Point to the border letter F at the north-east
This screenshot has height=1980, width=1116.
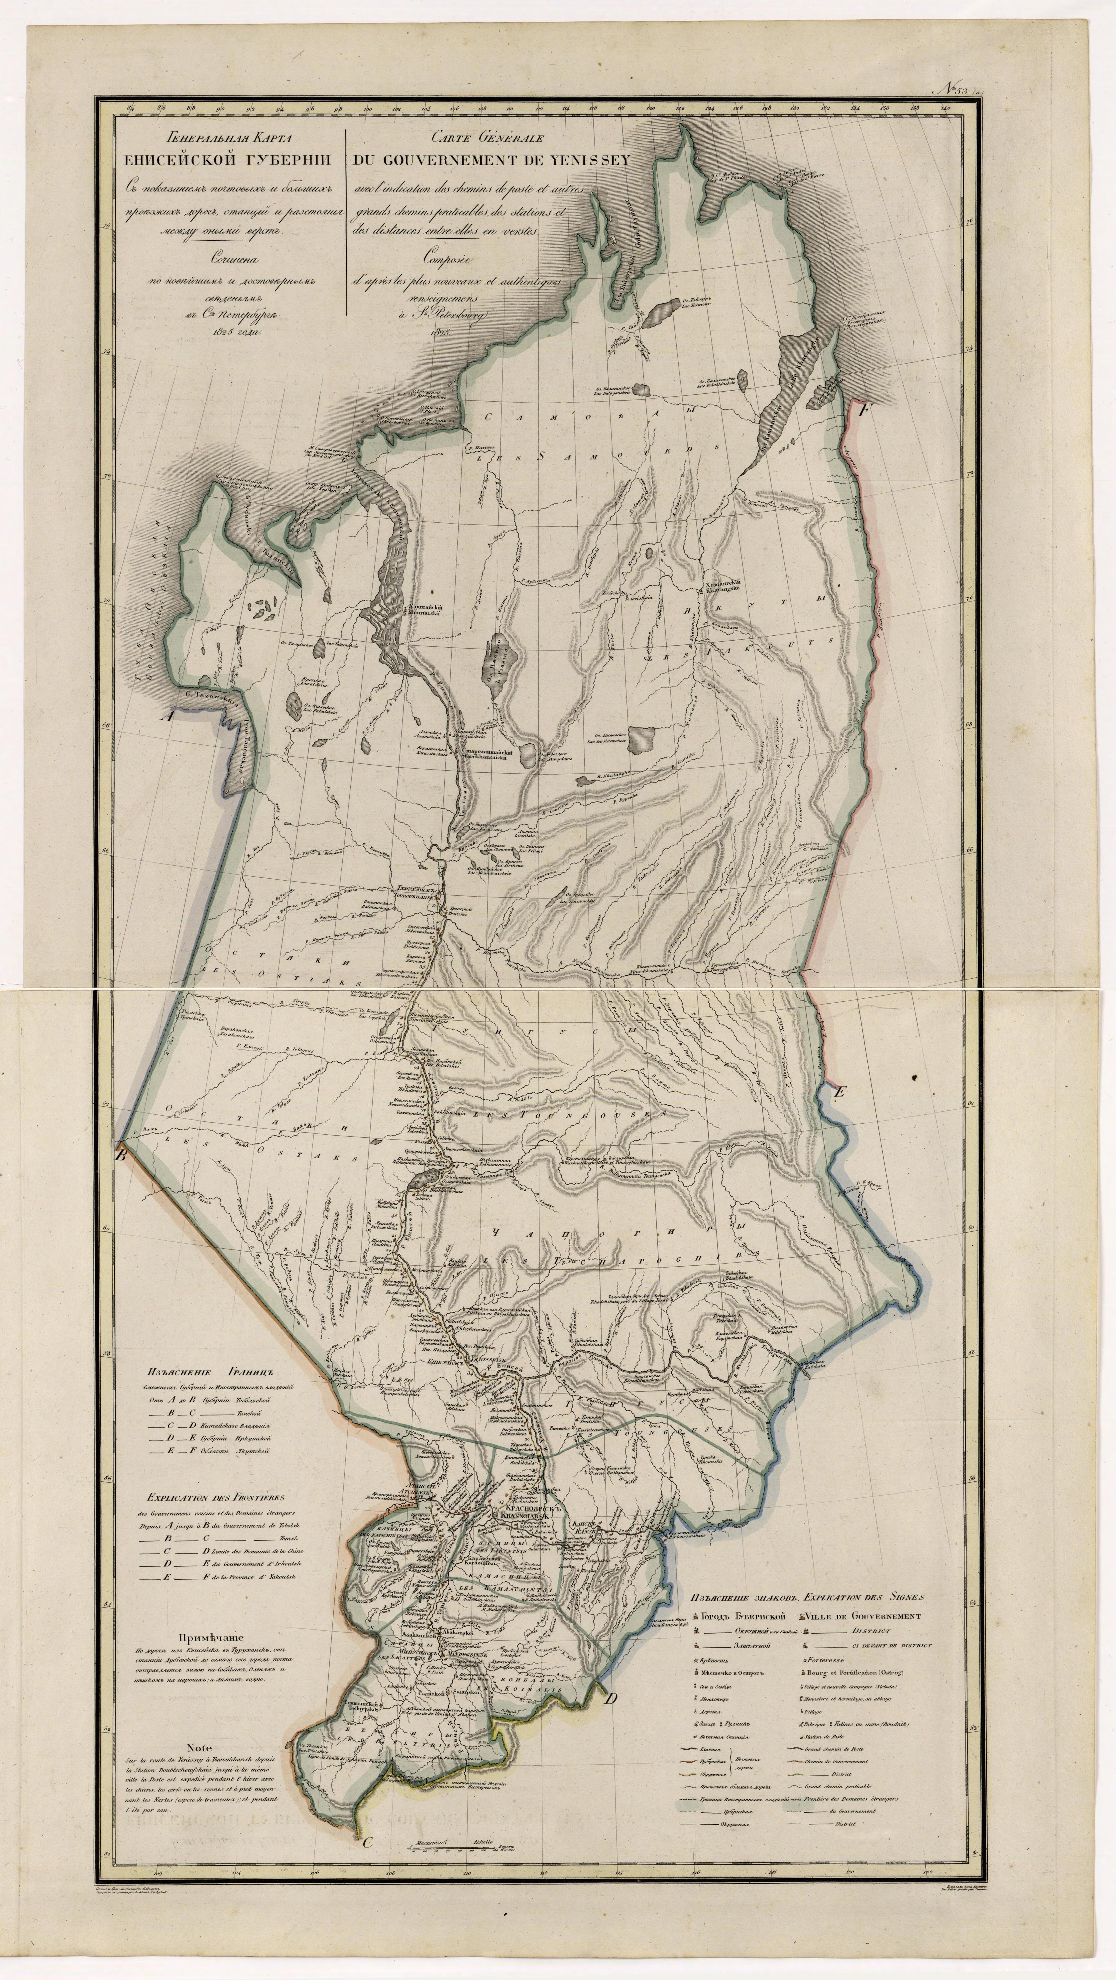[x=864, y=410]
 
